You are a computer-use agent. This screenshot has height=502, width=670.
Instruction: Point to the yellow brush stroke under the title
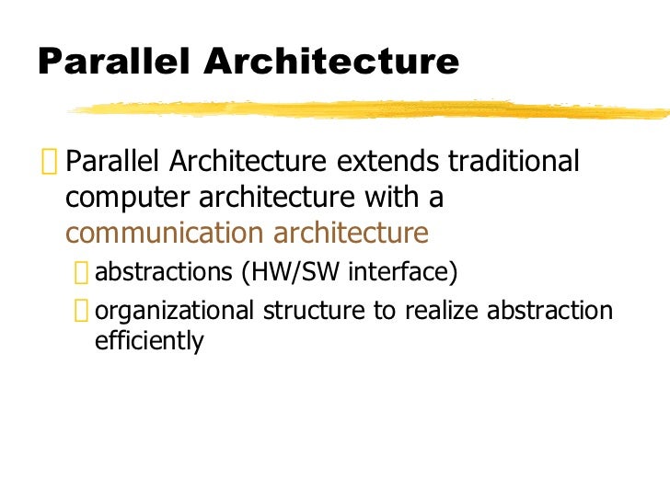[x=368, y=109]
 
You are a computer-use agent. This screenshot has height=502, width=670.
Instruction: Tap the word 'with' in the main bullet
[x=386, y=197]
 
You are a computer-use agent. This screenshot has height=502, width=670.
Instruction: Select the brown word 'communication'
[x=156, y=233]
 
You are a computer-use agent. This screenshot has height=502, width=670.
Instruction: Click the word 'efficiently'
[x=149, y=342]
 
